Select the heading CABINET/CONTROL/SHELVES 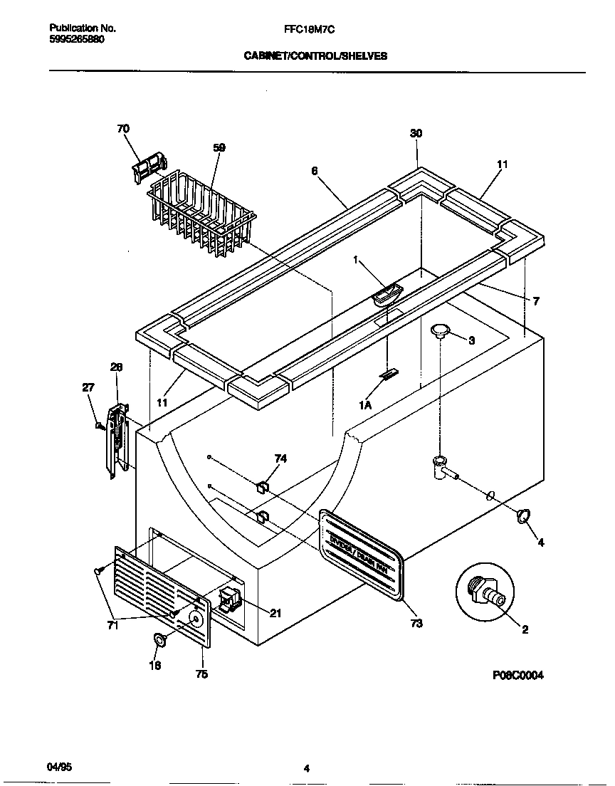[316, 56]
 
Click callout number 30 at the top [416, 133]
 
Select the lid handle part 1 [387, 293]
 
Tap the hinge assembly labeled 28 [117, 441]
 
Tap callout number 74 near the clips [280, 459]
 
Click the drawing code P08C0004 [517, 676]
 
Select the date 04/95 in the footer [60, 766]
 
